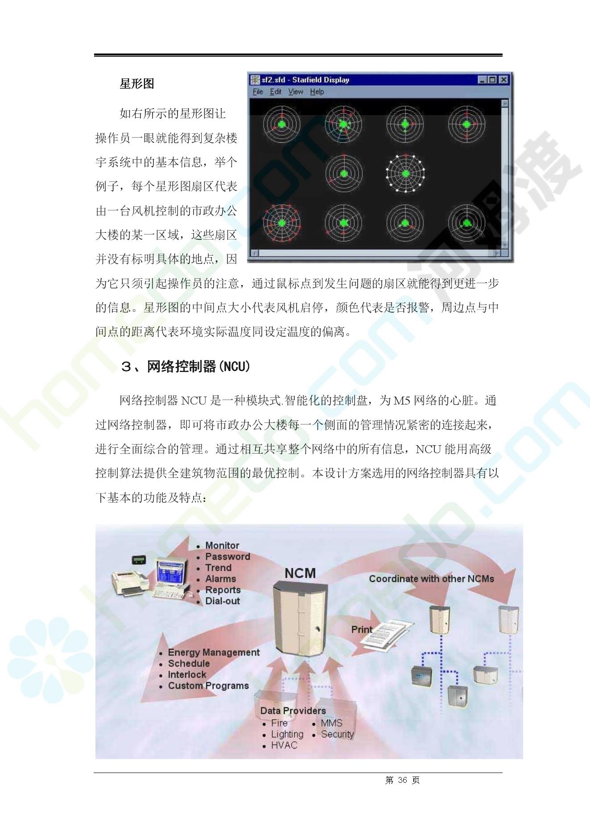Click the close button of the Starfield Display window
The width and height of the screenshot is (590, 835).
(x=503, y=80)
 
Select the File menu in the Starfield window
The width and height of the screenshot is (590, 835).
(x=258, y=92)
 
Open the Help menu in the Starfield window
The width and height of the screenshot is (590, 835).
(x=317, y=92)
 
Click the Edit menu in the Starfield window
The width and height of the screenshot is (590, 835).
(x=276, y=92)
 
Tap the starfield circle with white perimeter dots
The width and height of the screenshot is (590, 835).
(x=405, y=174)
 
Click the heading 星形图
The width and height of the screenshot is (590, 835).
(x=137, y=83)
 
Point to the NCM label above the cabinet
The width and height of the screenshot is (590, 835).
(x=300, y=573)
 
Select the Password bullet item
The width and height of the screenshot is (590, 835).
(x=227, y=557)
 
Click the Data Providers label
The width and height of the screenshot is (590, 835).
(x=293, y=711)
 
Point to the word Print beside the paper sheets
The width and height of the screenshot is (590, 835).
(x=362, y=629)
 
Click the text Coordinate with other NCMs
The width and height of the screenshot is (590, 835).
(x=432, y=579)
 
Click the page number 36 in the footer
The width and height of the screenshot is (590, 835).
(x=402, y=780)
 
